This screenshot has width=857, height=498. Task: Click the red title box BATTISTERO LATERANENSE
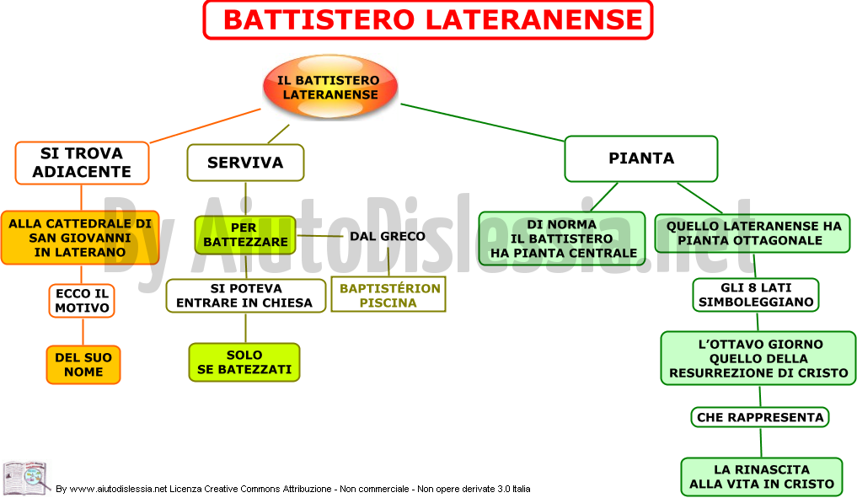(x=428, y=20)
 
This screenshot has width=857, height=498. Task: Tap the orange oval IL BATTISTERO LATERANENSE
(x=330, y=87)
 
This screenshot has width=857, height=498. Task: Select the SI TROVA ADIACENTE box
(x=82, y=163)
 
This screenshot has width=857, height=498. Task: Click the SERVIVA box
(x=245, y=163)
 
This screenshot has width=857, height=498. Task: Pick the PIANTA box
(x=641, y=158)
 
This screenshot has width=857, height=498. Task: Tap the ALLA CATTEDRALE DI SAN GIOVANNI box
(x=80, y=238)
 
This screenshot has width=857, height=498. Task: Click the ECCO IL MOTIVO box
(x=82, y=301)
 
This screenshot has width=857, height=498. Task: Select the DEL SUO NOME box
(x=83, y=365)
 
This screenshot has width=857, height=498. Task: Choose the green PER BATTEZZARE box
(x=245, y=235)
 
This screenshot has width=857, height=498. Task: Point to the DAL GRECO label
(x=388, y=236)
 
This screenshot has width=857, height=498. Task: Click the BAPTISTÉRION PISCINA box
(x=388, y=295)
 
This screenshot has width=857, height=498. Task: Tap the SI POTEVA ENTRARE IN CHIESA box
(x=245, y=296)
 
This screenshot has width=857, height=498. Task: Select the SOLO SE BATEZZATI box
(x=244, y=362)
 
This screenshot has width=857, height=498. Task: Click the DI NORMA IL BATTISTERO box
(x=562, y=238)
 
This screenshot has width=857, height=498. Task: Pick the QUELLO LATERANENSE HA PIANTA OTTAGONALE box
(x=753, y=233)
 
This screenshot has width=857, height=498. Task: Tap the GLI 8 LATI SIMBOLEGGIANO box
(x=756, y=295)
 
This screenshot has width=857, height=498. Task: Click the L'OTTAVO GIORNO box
(x=758, y=359)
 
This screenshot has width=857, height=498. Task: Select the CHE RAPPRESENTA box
(x=760, y=418)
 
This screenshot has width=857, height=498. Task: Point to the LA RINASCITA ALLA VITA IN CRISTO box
(x=762, y=477)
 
